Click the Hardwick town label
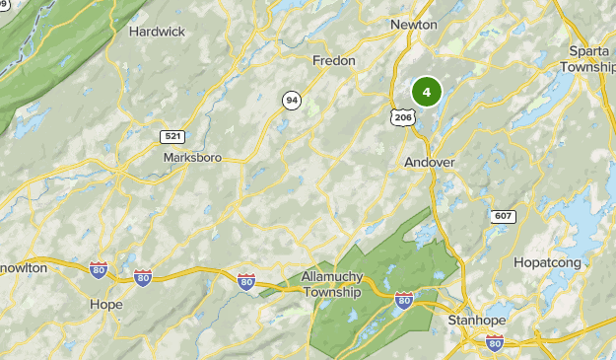point(157,31)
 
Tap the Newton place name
point(414,24)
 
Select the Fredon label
point(333,60)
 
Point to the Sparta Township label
point(587,58)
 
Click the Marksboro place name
point(192,157)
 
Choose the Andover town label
point(430,162)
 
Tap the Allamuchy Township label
point(332,285)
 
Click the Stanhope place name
point(475,321)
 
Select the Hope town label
point(105,304)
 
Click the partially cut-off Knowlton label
point(23,267)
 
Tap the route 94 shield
point(291,100)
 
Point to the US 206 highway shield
point(402,116)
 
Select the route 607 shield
point(502,215)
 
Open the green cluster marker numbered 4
point(426,93)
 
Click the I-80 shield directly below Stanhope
point(494,342)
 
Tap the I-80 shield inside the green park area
point(404,299)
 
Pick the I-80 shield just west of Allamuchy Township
point(246,283)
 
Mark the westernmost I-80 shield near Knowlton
point(98,269)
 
